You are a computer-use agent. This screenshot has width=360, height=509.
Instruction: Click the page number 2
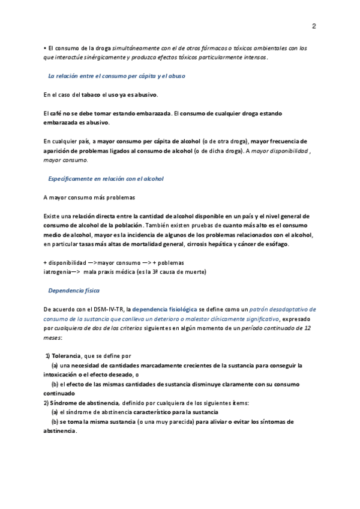point(314,26)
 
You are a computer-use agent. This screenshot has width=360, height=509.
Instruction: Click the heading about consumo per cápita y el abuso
point(116,76)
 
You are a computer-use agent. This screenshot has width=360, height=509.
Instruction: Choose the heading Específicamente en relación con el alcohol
point(106,179)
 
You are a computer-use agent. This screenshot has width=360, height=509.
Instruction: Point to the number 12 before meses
point(307,328)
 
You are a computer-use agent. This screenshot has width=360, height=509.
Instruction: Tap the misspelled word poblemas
point(169,263)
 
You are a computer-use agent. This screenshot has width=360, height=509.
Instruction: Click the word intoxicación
point(64,375)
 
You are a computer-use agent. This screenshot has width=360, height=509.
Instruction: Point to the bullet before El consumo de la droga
point(45,48)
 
